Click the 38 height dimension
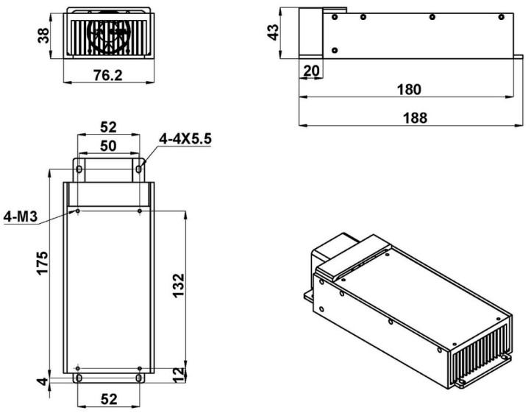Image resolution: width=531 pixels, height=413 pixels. (43, 35)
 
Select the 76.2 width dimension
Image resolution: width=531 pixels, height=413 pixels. (107, 75)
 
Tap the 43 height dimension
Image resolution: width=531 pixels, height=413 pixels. (273, 32)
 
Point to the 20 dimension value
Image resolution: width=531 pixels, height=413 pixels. (311, 71)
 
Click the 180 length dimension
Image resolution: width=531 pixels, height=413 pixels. (409, 90)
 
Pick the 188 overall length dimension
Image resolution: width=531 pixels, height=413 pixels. (416, 118)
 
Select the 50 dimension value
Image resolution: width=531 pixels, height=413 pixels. (108, 146)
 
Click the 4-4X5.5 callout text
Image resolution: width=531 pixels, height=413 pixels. (185, 138)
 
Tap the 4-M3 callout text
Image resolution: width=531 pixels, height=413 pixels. (21, 216)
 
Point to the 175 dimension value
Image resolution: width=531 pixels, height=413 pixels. (43, 263)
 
